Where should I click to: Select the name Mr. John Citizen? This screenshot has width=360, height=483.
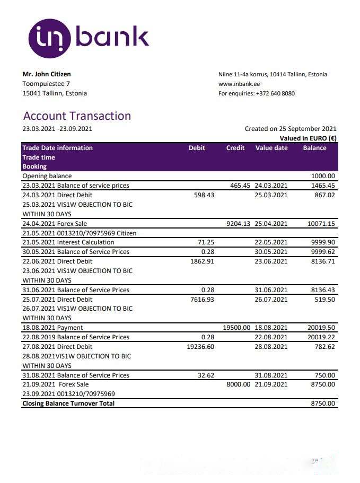[x=47, y=74]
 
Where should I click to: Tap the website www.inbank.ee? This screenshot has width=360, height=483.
[x=239, y=84]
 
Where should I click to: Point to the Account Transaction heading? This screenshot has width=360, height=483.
[x=77, y=116]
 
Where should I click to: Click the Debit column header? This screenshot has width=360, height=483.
[x=197, y=148]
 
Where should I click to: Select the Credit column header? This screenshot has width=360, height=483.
[x=235, y=148]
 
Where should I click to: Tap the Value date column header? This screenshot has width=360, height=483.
[x=271, y=148]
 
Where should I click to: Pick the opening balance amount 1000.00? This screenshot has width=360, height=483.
[x=323, y=176]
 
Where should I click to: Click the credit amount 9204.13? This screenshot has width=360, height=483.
[x=238, y=224]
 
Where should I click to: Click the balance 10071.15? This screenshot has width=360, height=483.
[x=321, y=224]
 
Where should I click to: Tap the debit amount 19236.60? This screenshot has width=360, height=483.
[x=200, y=347]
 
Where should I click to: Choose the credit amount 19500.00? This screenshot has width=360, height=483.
[x=236, y=328]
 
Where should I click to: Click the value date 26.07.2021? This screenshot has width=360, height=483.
[x=271, y=300]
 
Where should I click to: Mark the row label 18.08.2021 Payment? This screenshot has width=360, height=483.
[x=52, y=328]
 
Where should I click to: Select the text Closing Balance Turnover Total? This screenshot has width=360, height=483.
[x=68, y=403]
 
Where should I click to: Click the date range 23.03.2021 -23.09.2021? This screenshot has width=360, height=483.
[x=57, y=129]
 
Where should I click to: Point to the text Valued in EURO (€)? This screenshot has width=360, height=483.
[x=308, y=138]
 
